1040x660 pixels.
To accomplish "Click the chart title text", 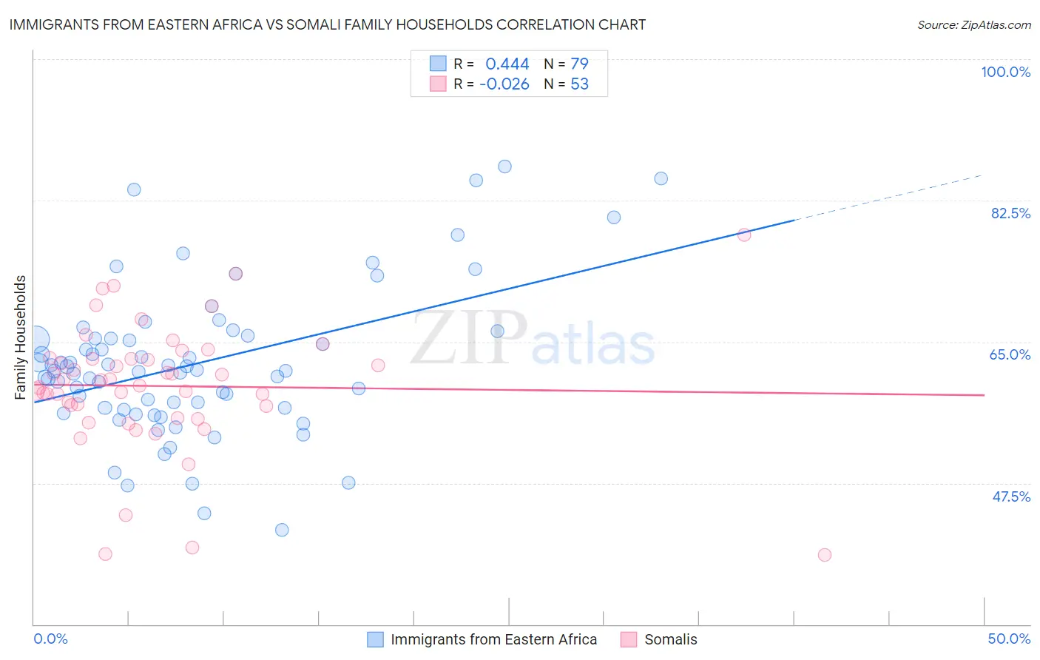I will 327,24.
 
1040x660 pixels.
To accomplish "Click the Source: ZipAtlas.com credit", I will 973,25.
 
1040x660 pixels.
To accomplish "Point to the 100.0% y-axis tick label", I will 1005,72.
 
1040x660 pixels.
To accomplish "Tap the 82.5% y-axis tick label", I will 1010,213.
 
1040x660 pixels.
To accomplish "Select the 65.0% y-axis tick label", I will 1010,354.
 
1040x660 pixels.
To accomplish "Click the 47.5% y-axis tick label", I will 1010,496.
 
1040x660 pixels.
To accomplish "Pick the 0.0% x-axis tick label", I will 50,639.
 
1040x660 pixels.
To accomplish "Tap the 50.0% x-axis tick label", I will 1009,639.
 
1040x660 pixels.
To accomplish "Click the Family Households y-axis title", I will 21,337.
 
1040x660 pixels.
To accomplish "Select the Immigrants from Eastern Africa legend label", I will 493,639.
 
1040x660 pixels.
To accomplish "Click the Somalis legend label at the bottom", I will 670,639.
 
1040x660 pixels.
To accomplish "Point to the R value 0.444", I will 507,64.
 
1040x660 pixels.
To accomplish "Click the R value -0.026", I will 504,84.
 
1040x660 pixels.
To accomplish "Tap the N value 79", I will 579,64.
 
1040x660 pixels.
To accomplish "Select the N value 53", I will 579,84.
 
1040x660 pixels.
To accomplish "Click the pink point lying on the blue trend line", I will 744,235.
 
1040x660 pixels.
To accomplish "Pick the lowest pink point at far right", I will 825,555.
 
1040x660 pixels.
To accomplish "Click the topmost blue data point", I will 504,166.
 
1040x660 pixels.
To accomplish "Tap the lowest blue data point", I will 282,530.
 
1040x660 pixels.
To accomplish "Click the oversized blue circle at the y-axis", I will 36,340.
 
